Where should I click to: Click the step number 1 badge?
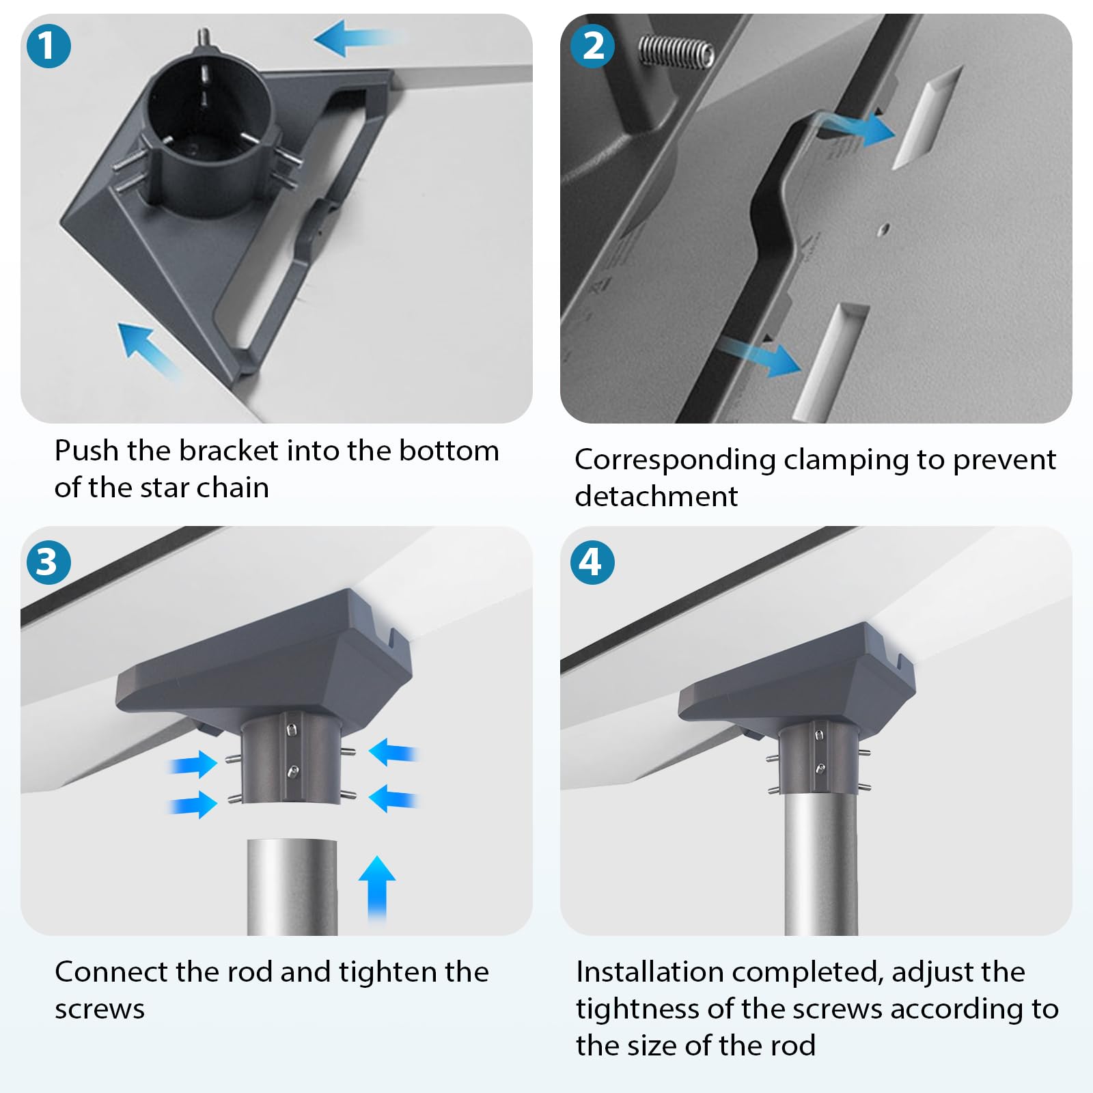pyautogui.click(x=48, y=46)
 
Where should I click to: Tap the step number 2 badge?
pyautogui.click(x=593, y=46)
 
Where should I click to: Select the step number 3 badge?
pyautogui.click(x=48, y=562)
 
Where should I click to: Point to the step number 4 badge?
pyautogui.click(x=592, y=562)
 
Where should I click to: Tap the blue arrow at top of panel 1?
pyautogui.click(x=358, y=38)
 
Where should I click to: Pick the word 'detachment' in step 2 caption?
pyautogui.click(x=656, y=496)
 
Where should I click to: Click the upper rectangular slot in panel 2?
pyautogui.click(x=927, y=117)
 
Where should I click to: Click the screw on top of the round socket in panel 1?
pyautogui.click(x=204, y=37)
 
